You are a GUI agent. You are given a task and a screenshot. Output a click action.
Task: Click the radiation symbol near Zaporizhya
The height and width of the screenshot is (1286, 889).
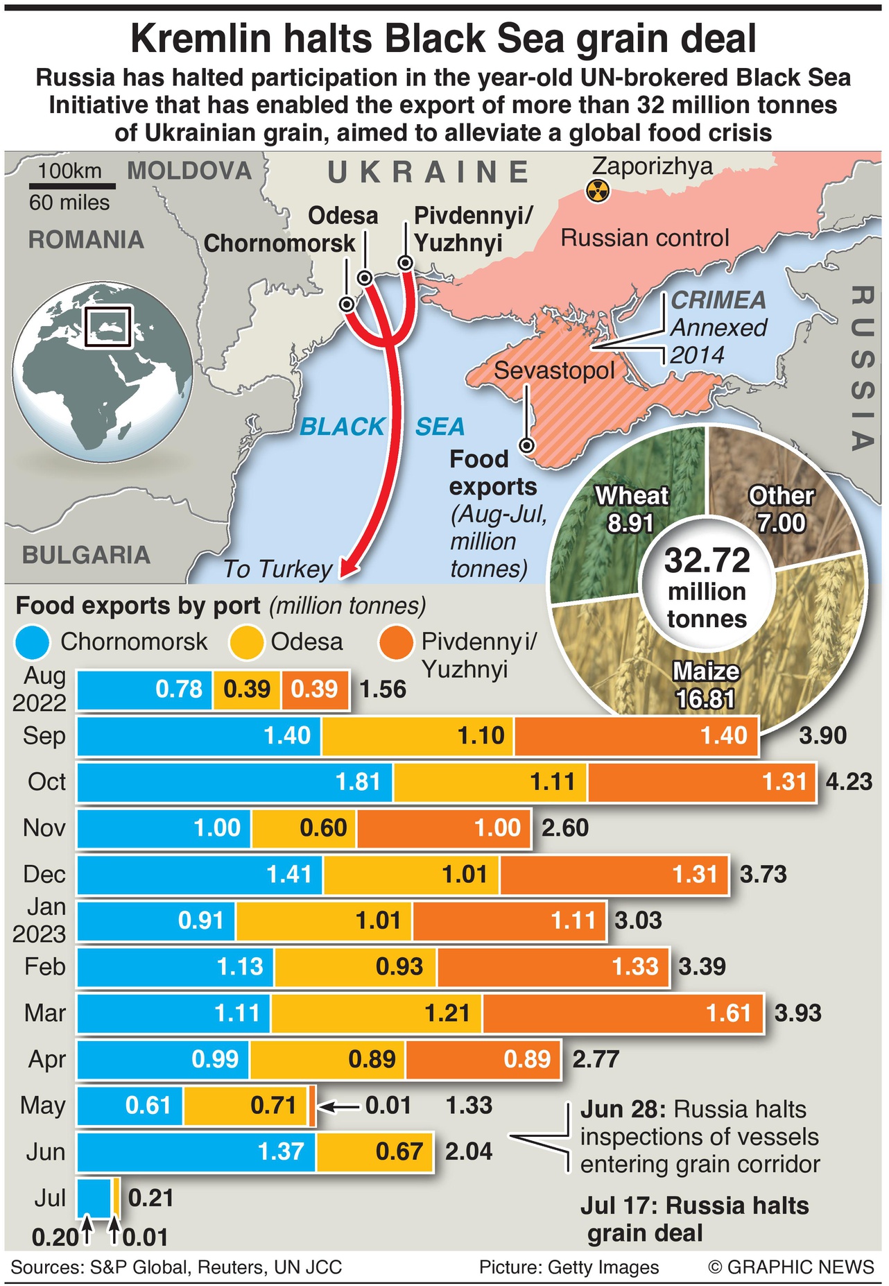pos(598,190)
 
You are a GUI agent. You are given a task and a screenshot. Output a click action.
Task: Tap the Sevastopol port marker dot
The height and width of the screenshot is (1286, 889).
pos(527,445)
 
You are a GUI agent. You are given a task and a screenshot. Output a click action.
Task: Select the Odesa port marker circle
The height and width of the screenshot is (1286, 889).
pos(365,278)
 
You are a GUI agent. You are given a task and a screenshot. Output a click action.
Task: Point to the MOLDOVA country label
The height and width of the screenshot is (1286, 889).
pos(189,171)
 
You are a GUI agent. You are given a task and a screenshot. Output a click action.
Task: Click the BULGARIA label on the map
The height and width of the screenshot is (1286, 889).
pos(86,555)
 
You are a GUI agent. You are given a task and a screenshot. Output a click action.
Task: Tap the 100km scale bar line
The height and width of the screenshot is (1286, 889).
pos(72,186)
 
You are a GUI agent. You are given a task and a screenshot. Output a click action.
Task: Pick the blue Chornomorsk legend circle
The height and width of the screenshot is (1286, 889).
pos(32,642)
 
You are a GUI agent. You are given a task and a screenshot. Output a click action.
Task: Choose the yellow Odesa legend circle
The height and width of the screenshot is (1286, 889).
pos(247,642)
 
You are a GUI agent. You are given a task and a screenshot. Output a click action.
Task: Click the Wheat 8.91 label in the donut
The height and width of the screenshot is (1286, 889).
pos(631,509)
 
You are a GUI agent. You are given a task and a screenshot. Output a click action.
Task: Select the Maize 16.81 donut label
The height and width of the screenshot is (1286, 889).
pos(706,685)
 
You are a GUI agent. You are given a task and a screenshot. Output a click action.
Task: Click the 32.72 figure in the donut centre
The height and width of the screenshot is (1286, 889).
pos(707,560)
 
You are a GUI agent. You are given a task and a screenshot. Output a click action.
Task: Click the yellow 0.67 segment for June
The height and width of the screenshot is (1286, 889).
pos(374,1152)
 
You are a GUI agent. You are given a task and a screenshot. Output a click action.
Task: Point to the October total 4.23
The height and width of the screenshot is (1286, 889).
pos(849,782)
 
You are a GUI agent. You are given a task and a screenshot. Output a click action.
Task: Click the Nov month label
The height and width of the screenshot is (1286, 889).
pos(44,828)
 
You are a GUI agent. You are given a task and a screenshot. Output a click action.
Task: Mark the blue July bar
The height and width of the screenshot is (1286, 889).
pos(94,1198)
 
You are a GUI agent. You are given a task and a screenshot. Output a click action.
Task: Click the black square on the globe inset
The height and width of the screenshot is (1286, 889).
pos(107,326)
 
